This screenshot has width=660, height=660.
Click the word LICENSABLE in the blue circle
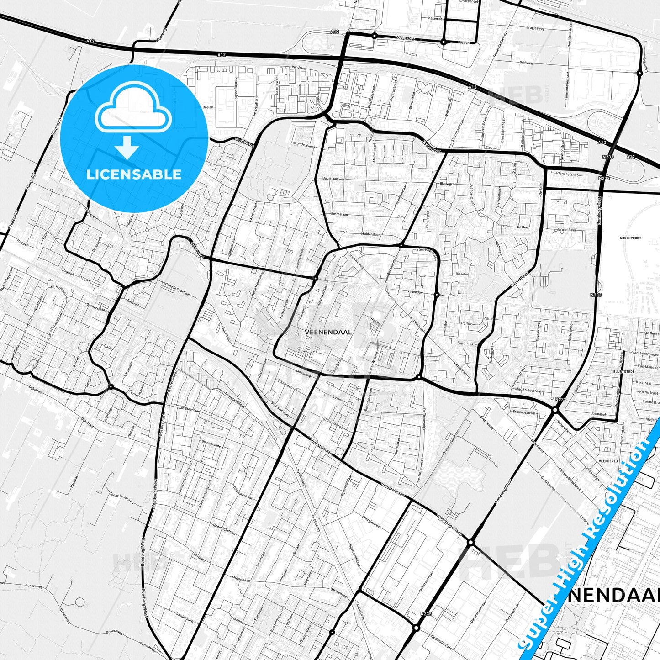134,174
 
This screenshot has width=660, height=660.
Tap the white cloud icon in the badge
133,111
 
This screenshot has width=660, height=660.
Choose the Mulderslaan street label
370,234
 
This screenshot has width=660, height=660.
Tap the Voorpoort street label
405,38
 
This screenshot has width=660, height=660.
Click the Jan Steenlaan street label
189,410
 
